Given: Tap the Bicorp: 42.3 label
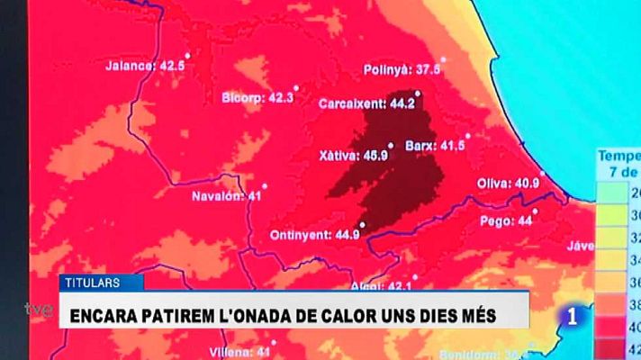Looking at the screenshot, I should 257,97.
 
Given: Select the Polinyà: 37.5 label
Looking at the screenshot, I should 402,69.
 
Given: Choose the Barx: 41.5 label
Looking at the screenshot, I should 435,145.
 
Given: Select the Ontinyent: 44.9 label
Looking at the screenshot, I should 315,235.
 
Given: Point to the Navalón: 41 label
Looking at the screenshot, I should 226,195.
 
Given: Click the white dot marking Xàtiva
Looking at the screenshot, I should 391,146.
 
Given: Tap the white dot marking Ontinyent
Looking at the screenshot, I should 362,224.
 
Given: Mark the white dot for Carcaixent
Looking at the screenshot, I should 417,93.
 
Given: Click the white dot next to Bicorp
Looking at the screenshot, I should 296,88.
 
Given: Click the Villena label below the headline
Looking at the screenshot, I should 226,351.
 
